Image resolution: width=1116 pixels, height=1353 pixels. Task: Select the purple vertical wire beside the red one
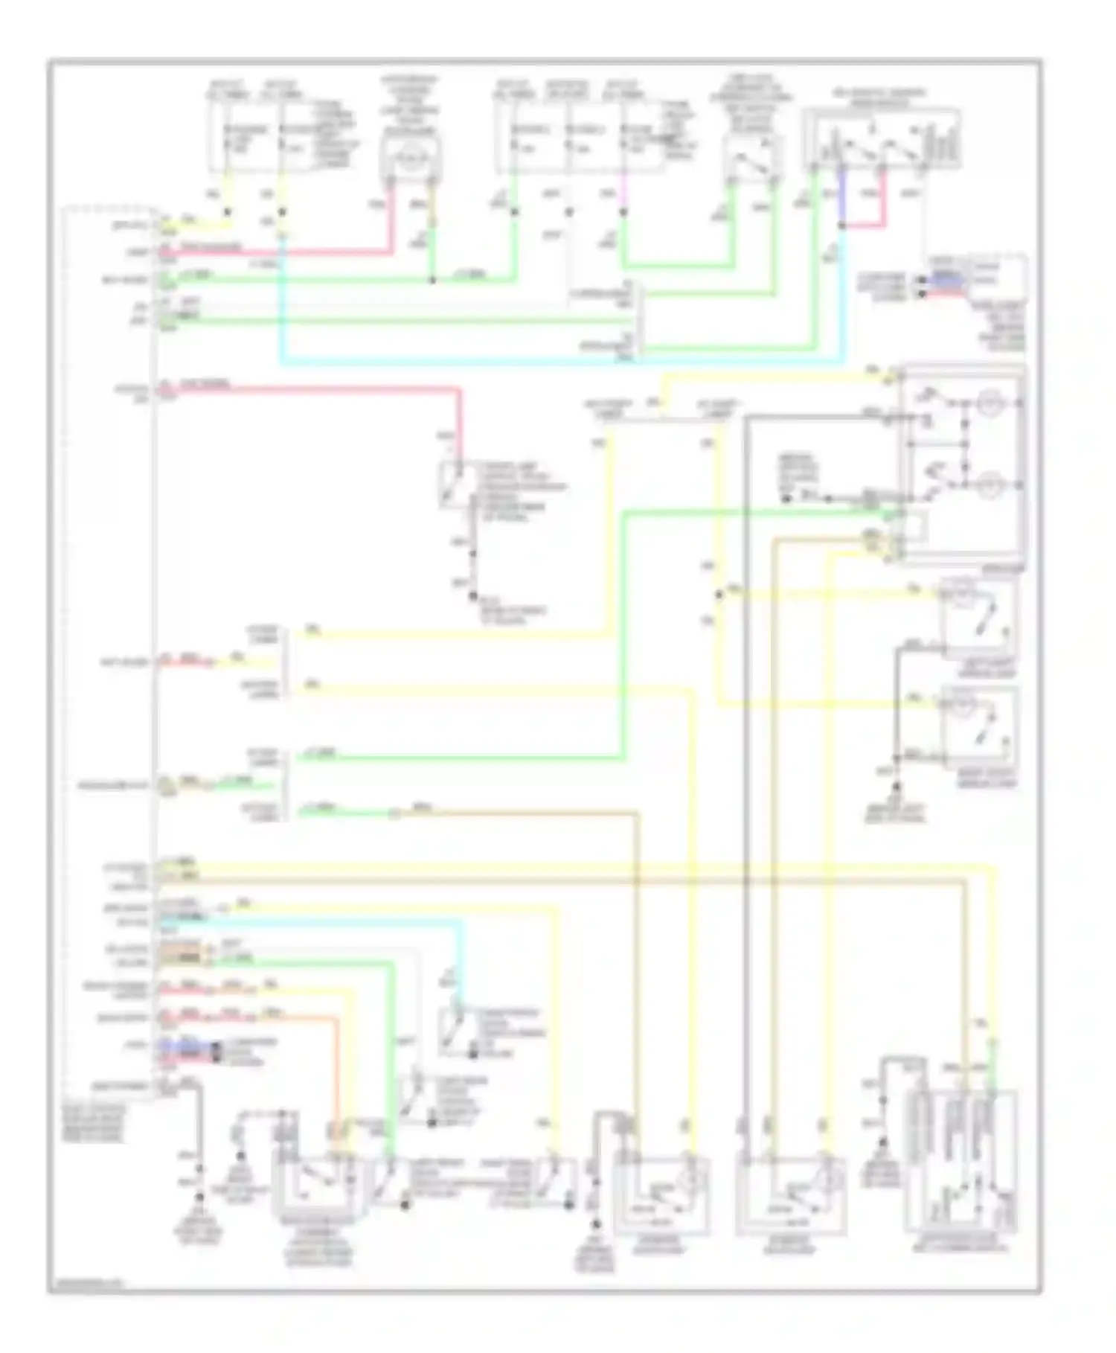pos(841,195)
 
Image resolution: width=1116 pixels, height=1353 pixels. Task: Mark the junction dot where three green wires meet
pos(432,281)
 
